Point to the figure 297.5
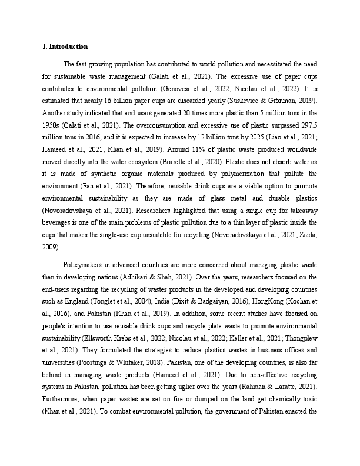click(x=308, y=125)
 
